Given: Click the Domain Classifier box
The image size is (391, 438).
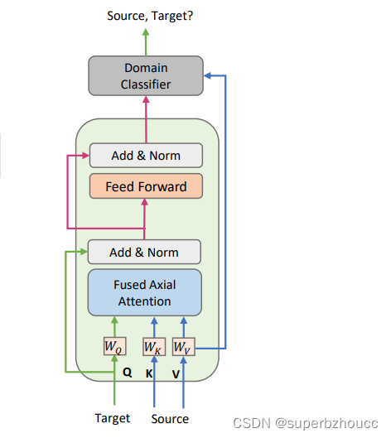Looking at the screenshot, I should coord(146,75).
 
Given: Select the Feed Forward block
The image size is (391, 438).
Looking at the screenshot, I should coord(146,186).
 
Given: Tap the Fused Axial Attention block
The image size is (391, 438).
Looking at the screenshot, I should coord(145,291).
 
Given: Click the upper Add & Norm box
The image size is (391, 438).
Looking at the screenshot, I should coord(146,155).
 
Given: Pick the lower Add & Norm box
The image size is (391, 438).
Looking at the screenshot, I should coord(145,252).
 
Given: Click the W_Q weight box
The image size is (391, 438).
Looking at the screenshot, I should coord(115,347).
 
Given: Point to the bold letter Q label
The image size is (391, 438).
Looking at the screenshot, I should coord(128,373).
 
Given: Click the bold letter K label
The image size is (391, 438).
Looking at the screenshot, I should coord(150,373).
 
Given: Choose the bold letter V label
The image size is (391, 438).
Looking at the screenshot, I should coord(176,373).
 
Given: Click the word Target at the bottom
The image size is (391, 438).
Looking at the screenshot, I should coord(112,418).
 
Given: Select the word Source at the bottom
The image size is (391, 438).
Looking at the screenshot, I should coord(170,418).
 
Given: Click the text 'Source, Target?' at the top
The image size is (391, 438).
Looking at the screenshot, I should coord(146,15).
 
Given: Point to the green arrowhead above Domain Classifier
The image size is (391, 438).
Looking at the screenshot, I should coord(146,32).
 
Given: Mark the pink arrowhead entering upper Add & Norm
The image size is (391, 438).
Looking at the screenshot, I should coord(84,155).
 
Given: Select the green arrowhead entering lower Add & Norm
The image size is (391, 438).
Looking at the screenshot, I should coord(83,252).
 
